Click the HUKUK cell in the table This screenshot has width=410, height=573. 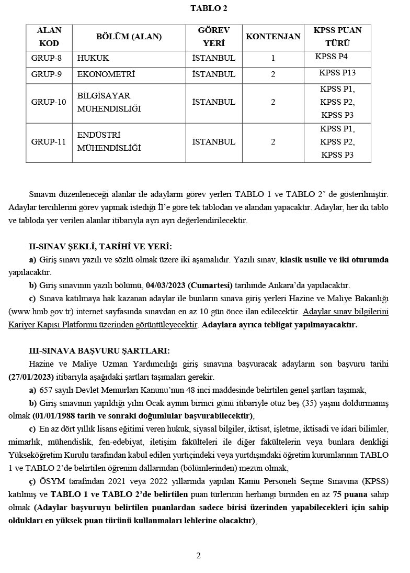[x=93, y=58]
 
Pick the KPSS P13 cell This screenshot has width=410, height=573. [x=337, y=73]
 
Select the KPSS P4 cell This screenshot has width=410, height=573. [x=332, y=57]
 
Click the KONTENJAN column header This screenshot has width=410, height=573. [x=273, y=37]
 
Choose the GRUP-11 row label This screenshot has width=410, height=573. [x=48, y=141]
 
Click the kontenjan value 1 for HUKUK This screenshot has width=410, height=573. [x=273, y=58]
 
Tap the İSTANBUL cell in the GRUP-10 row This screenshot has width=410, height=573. [x=214, y=102]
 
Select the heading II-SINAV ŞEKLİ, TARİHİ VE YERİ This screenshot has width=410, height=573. [x=100, y=247]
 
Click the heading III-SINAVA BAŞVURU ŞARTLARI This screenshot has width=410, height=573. [x=99, y=351]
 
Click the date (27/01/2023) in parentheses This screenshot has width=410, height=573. [x=31, y=377]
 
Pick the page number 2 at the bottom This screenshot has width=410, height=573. [x=198, y=555]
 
